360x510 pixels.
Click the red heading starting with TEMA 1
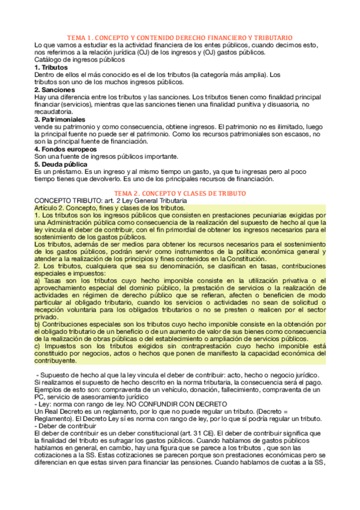180,37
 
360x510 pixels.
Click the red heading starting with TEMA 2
180,192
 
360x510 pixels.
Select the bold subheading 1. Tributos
52,67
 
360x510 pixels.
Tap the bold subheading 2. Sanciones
55,90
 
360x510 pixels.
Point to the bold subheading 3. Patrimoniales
62,119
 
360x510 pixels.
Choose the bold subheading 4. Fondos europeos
66,149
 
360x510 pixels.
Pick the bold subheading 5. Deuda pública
61,164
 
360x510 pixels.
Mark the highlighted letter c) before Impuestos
38,346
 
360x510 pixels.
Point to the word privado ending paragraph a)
47,317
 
